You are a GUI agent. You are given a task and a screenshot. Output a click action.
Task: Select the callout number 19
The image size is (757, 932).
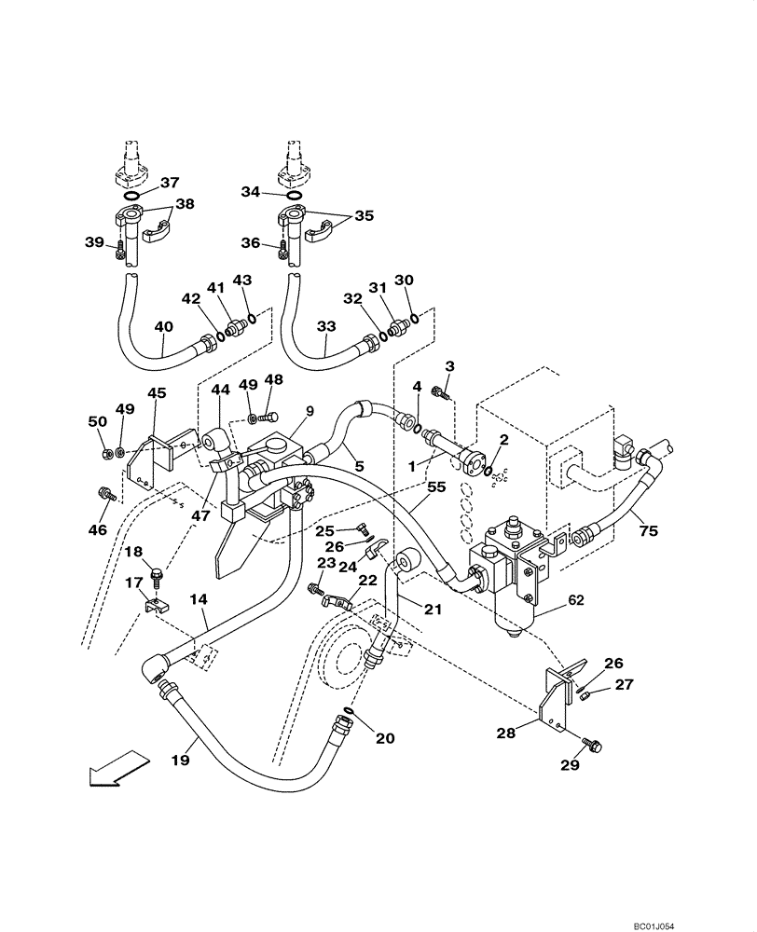180,761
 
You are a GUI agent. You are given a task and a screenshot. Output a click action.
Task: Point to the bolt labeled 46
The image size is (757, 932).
104,493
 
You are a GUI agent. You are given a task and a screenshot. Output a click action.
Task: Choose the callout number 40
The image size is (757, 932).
163,327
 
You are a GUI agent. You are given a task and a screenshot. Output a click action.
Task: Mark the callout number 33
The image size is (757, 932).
325,327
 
